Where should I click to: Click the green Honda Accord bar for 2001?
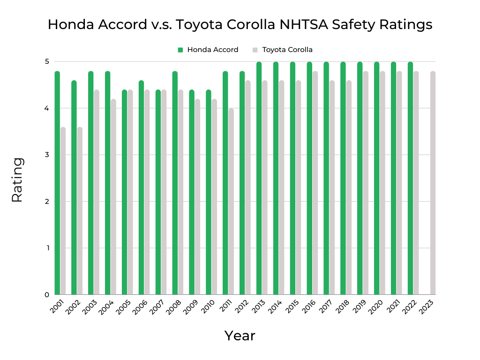click(x=57, y=183)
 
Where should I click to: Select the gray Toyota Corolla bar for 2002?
click(x=80, y=211)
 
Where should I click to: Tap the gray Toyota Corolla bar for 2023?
click(x=433, y=183)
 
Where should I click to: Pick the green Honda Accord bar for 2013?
click(x=259, y=178)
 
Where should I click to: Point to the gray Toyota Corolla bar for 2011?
click(x=231, y=202)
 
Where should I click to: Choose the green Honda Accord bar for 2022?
click(x=410, y=178)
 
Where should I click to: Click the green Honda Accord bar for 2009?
click(x=192, y=192)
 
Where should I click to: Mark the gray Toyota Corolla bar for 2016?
click(x=315, y=183)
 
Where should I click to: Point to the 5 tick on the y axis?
click(x=47, y=61)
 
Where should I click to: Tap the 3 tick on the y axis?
click(x=47, y=155)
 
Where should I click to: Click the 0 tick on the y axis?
click(x=47, y=295)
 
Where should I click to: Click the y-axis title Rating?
click(x=17, y=180)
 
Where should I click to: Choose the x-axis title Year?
click(x=240, y=336)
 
